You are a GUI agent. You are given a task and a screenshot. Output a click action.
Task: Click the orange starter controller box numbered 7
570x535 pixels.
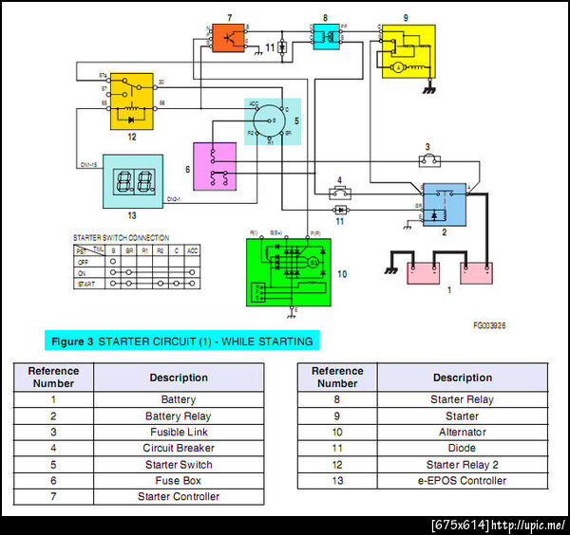pyautogui.click(x=228, y=38)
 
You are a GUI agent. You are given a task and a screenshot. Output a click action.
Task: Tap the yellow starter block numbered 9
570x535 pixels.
pyautogui.click(x=408, y=53)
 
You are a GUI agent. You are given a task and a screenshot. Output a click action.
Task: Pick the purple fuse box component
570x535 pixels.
pyautogui.click(x=216, y=164)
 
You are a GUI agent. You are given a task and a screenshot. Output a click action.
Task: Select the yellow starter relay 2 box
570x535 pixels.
pyautogui.click(x=131, y=101)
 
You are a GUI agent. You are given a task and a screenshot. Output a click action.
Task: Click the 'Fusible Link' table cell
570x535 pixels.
pyautogui.click(x=179, y=432)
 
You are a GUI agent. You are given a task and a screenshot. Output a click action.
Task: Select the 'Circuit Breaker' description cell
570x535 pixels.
pyautogui.click(x=179, y=448)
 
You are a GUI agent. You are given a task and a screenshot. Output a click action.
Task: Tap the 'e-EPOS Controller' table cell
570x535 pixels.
pyautogui.click(x=463, y=480)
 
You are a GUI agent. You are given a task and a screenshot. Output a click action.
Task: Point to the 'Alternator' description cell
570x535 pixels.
pyautogui.click(x=463, y=432)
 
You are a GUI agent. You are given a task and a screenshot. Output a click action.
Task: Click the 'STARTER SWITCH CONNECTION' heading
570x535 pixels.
pyautogui.click(x=122, y=237)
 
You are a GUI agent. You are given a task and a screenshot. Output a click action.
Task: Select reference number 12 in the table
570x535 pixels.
pyautogui.click(x=337, y=464)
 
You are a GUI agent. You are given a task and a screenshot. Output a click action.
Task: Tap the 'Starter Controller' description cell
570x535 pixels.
pyautogui.click(x=179, y=496)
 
